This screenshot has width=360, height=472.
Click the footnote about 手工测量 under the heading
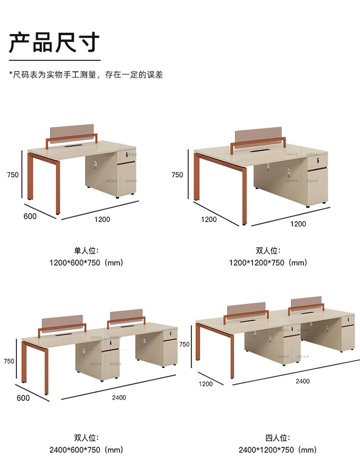[86, 75]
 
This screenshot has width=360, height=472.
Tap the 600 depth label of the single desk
[30, 216]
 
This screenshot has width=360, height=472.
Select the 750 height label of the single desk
[13, 175]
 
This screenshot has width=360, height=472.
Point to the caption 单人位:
[86, 250]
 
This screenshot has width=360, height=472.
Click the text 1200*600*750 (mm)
[86, 262]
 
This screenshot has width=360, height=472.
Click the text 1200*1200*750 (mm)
[268, 262]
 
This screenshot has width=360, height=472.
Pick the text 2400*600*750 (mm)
[86, 449]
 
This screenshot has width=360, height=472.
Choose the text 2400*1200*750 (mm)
[277, 449]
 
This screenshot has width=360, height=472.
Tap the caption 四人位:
[277, 437]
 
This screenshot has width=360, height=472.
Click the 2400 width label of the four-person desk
[302, 381]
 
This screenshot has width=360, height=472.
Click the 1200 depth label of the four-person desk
[205, 384]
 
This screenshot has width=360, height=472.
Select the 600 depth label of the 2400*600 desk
[23, 398]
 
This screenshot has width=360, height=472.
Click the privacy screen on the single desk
[73, 131]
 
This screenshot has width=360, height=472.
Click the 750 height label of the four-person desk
[184, 344]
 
